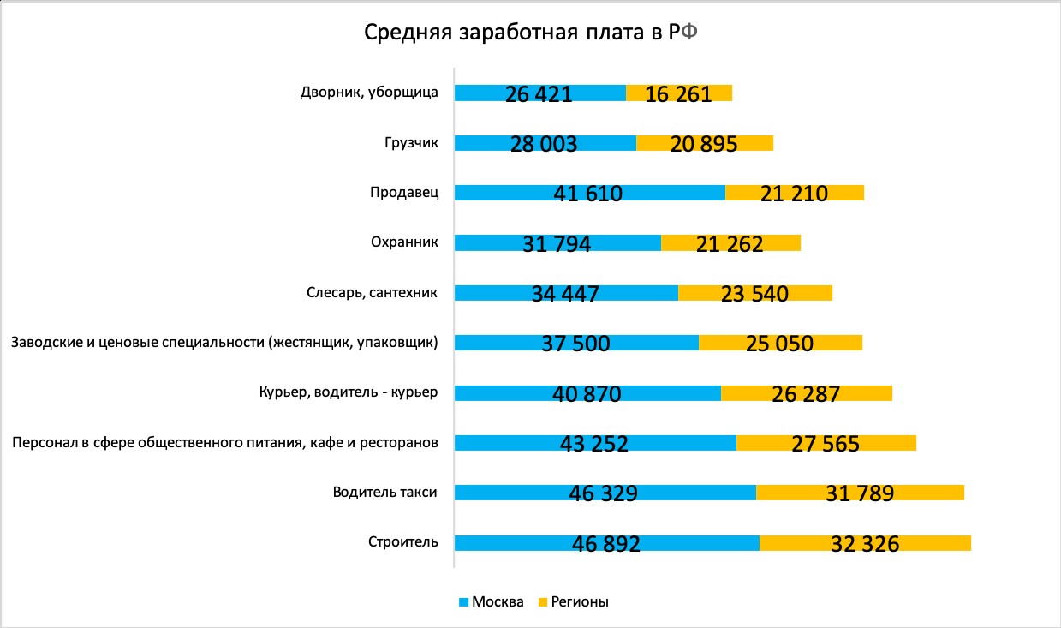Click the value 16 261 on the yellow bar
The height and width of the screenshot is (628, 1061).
(x=679, y=93)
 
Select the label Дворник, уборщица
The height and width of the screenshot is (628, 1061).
(x=370, y=93)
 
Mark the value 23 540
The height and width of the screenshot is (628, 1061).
(x=754, y=295)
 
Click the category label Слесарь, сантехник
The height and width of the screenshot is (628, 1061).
(x=373, y=293)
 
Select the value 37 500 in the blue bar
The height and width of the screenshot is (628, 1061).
(x=575, y=344)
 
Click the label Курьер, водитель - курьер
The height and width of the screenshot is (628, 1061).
(x=349, y=392)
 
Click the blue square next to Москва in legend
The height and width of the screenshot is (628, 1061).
(x=464, y=601)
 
